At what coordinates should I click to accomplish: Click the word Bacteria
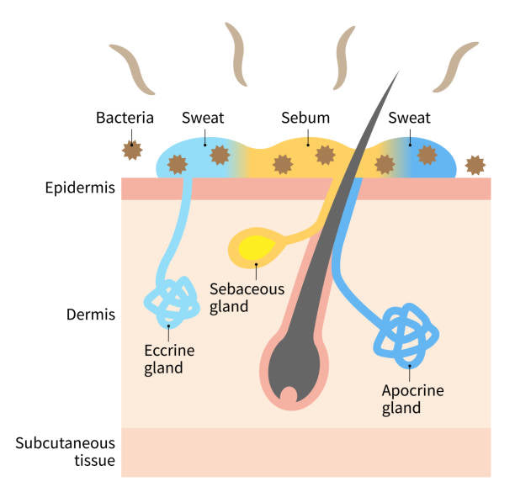[x=125, y=117]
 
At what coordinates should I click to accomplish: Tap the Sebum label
[x=305, y=117]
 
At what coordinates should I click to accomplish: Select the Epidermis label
[x=80, y=188]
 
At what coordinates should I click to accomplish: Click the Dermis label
[x=90, y=315]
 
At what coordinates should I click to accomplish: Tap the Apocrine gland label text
[x=412, y=399]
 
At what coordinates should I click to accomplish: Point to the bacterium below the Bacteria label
[x=130, y=151]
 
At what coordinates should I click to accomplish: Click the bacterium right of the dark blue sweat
[x=476, y=163]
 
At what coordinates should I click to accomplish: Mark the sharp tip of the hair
[x=397, y=73]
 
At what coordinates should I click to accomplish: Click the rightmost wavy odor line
[x=445, y=67]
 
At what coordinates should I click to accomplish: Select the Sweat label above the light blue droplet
[x=203, y=117]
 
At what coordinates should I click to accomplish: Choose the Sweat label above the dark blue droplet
[x=409, y=117]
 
